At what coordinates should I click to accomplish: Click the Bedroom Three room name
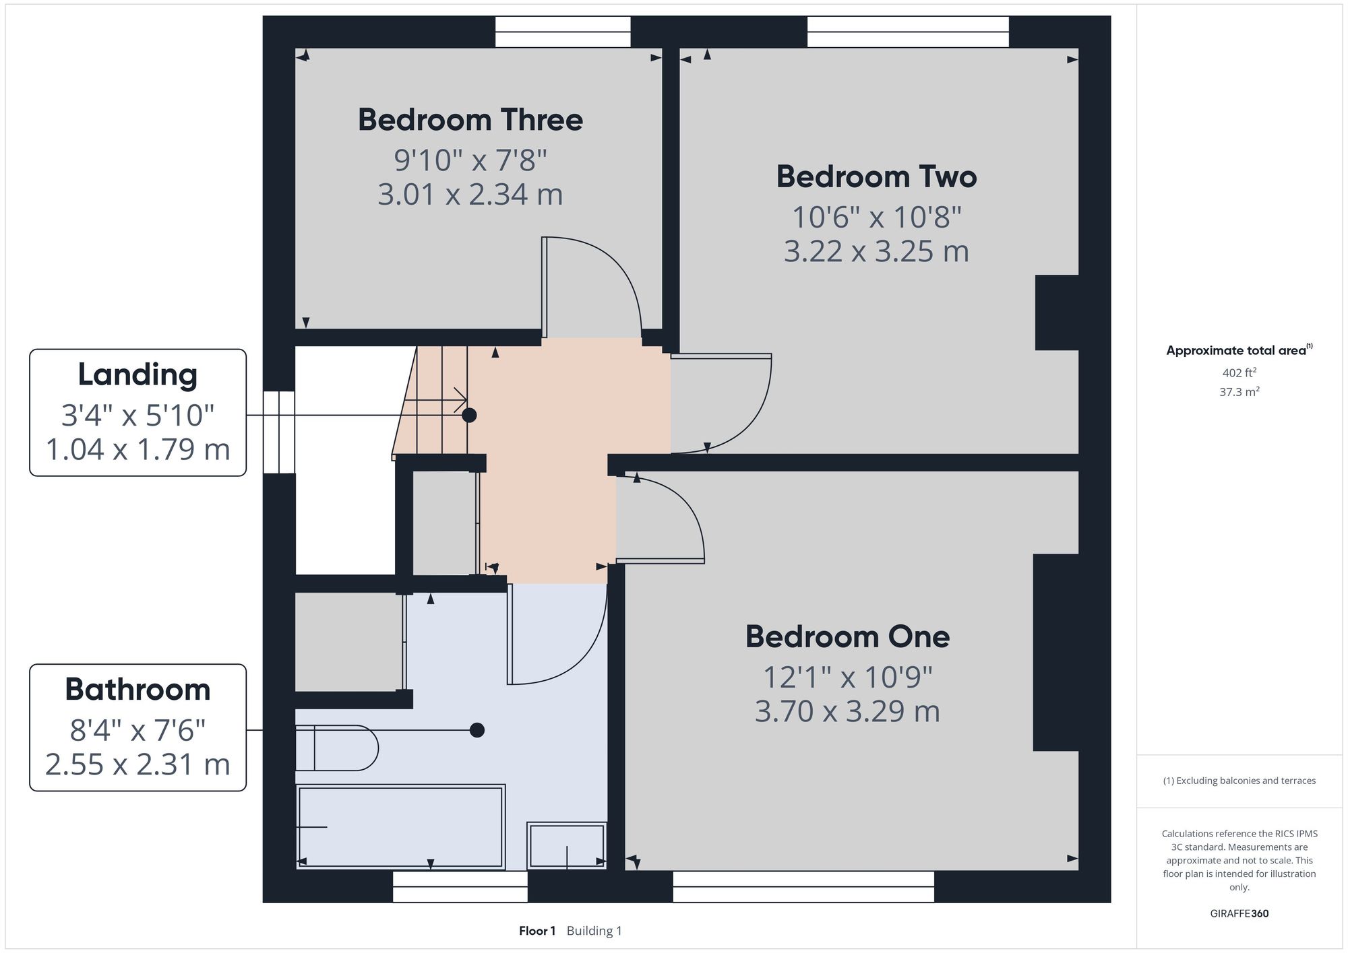pyautogui.click(x=470, y=120)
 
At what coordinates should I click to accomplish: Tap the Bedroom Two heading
pyautogui.click(x=876, y=176)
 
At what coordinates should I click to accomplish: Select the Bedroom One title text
pyautogui.click(x=847, y=636)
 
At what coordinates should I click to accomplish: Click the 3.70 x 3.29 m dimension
pyautogui.click(x=847, y=711)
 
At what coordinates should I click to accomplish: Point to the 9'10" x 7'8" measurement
pyautogui.click(x=470, y=160)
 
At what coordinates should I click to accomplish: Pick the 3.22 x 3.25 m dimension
pyautogui.click(x=876, y=251)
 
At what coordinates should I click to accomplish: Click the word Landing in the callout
pyautogui.click(x=137, y=375)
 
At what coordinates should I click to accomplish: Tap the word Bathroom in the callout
pyautogui.click(x=137, y=690)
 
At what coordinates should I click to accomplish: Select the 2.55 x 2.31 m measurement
pyautogui.click(x=137, y=764)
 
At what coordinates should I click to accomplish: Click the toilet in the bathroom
pyautogui.click(x=337, y=748)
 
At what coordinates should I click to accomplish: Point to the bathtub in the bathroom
pyautogui.click(x=401, y=826)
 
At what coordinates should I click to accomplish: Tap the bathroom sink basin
pyautogui.click(x=567, y=845)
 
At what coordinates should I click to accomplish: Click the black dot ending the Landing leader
pyautogui.click(x=469, y=415)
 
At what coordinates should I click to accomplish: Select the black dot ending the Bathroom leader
pyautogui.click(x=477, y=730)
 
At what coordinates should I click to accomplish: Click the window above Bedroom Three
pyautogui.click(x=563, y=32)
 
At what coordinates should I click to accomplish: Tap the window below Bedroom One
pyautogui.click(x=803, y=886)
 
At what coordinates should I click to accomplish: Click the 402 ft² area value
pyautogui.click(x=1239, y=372)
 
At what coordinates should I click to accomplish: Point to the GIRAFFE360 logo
pyautogui.click(x=1239, y=914)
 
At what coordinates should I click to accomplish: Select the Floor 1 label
pyautogui.click(x=537, y=931)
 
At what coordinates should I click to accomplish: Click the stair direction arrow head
pyautogui.click(x=462, y=400)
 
